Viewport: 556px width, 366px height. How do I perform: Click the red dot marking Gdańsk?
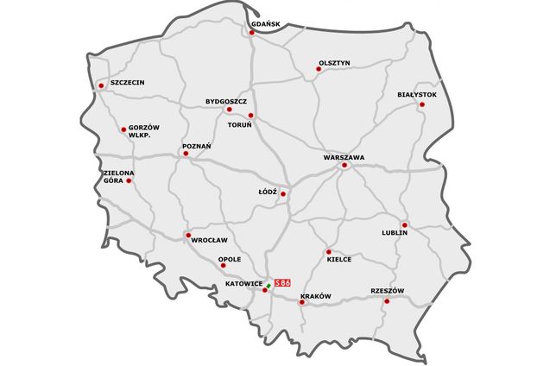[251, 34]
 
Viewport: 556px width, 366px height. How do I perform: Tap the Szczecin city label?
[127, 83]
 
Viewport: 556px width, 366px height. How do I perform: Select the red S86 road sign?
[282, 282]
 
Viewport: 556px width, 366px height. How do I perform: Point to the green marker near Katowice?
[269, 285]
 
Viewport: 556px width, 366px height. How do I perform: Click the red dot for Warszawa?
[343, 166]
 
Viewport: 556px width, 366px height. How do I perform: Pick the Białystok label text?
[417, 93]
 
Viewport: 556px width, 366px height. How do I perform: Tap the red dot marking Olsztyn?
[318, 70]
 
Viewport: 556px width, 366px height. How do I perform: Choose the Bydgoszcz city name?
[227, 100]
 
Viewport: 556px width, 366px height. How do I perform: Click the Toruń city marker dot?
[250, 115]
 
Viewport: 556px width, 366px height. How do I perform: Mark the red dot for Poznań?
[186, 154]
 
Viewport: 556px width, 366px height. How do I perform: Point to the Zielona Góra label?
[118, 177]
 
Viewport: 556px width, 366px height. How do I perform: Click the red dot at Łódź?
[282, 194]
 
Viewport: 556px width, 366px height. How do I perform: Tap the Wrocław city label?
[208, 241]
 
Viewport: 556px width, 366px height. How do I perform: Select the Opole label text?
[230, 259]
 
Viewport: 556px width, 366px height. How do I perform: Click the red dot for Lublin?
[404, 224]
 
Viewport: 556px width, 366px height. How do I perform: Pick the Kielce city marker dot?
[329, 251]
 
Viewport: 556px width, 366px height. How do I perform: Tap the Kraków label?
[315, 296]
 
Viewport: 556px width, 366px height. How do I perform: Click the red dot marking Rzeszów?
[387, 300]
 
